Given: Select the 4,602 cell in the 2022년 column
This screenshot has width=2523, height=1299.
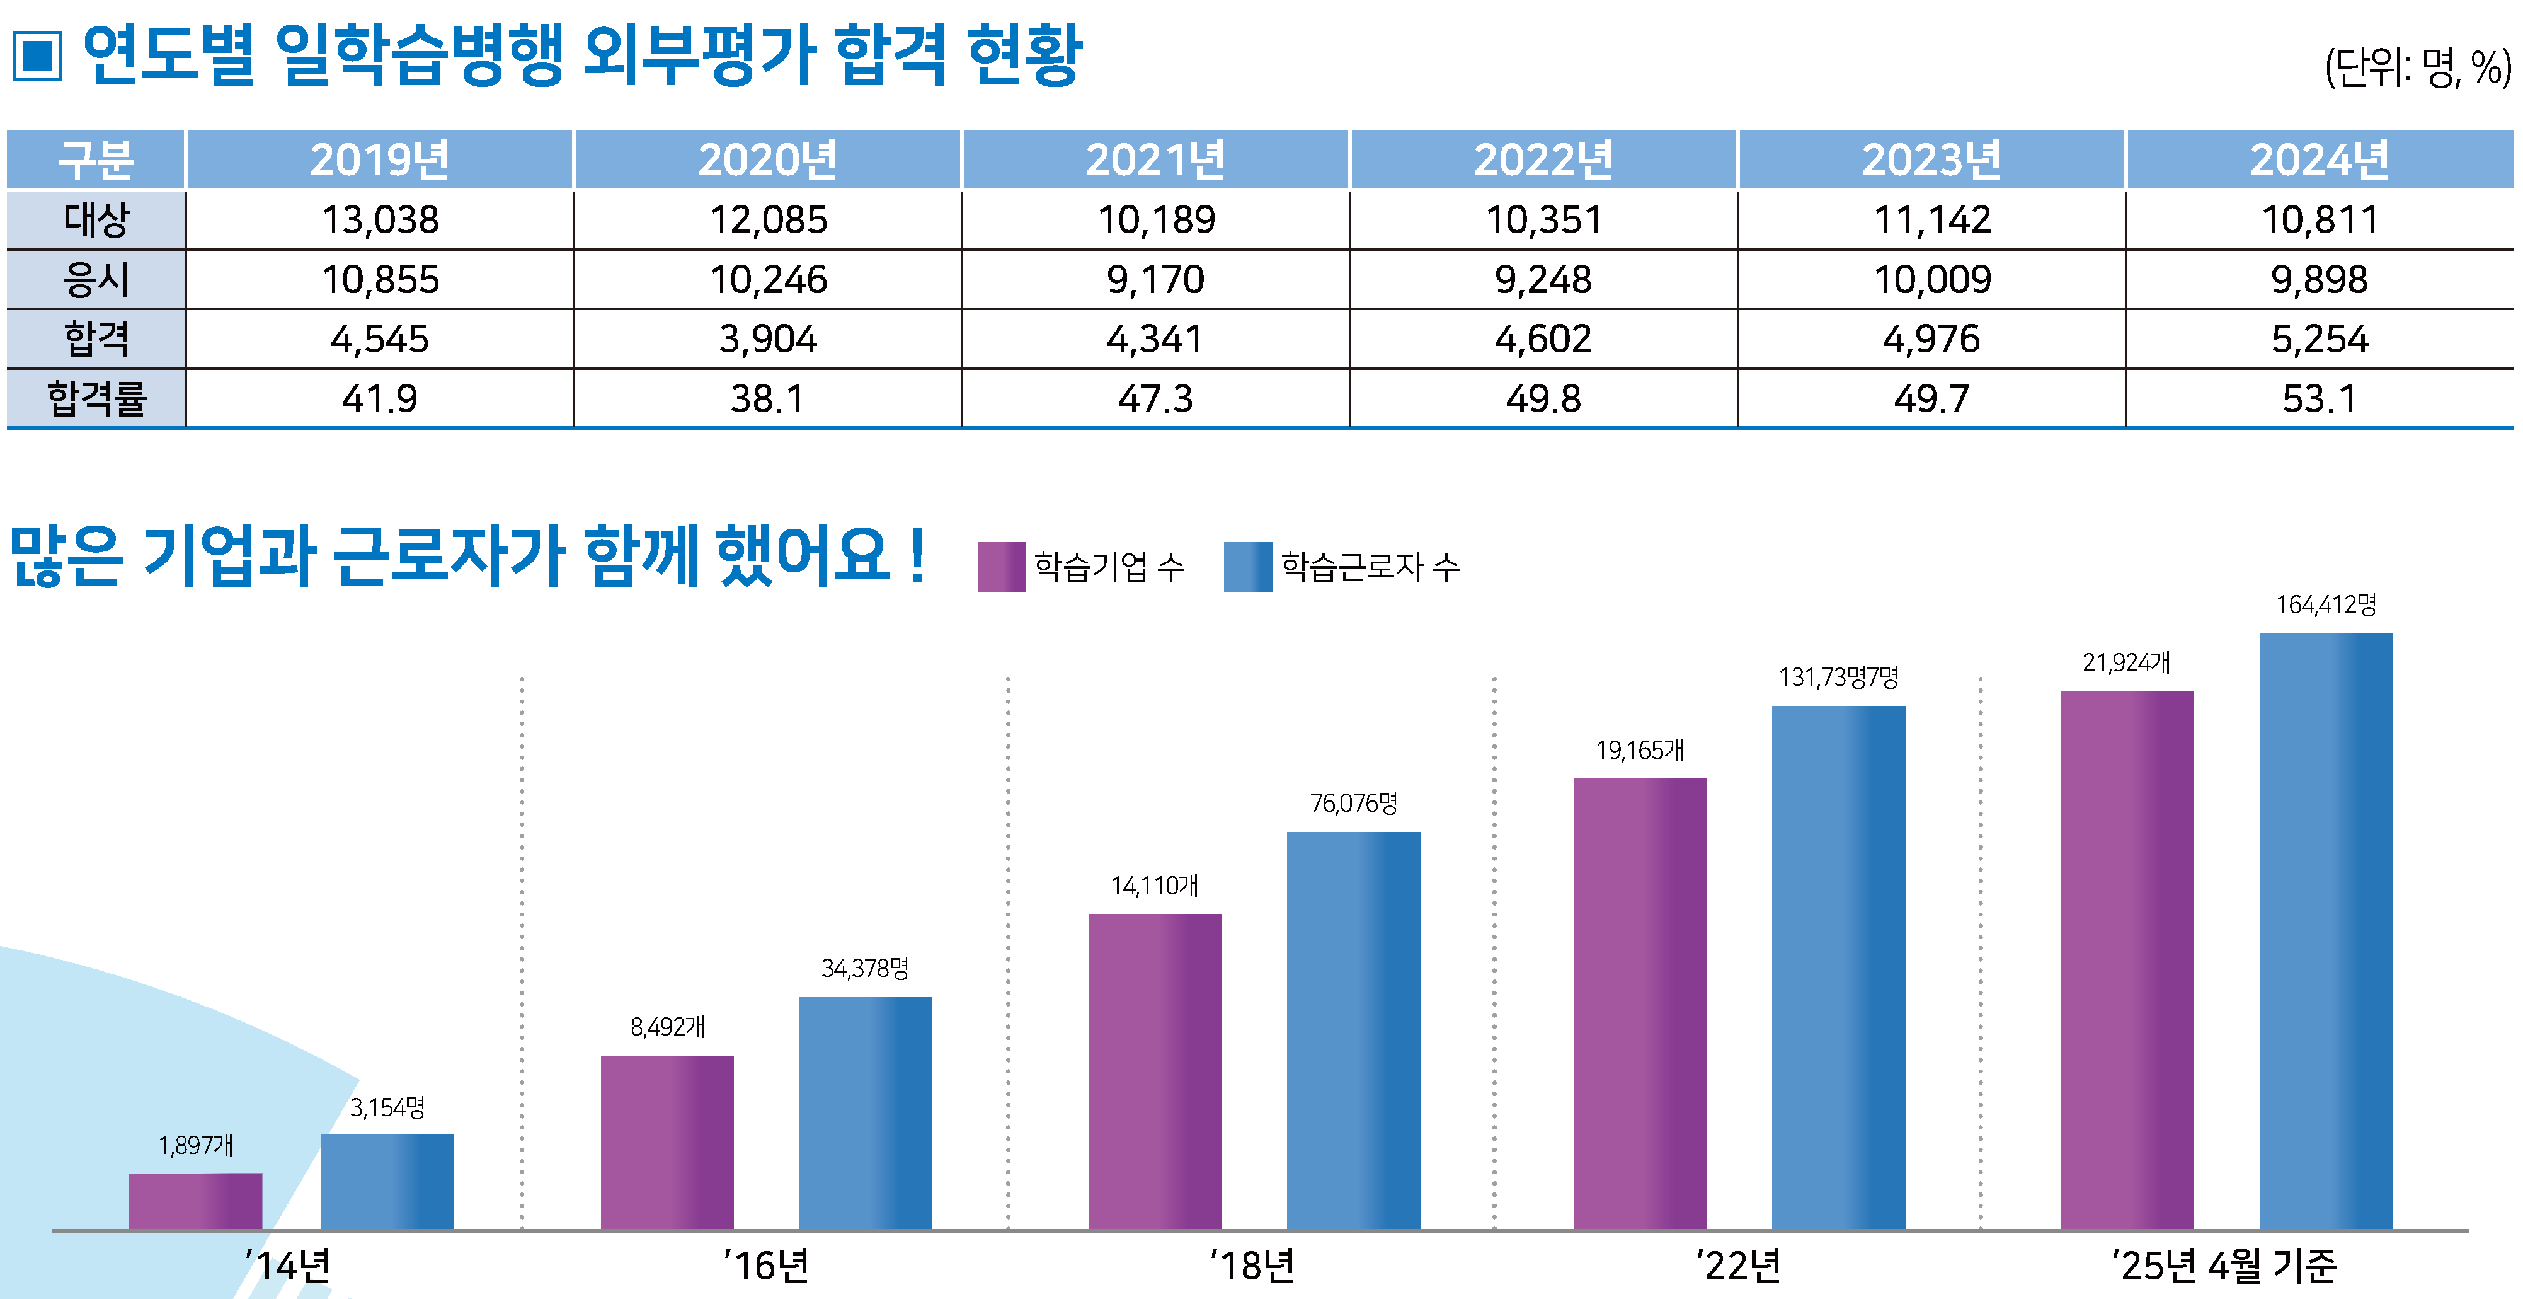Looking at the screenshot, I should (x=1543, y=339).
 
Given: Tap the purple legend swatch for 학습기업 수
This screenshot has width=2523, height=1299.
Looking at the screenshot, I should (x=1001, y=566).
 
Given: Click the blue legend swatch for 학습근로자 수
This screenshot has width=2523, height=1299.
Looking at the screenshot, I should (x=1248, y=566).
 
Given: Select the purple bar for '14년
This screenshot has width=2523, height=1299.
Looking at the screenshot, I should (x=196, y=1201).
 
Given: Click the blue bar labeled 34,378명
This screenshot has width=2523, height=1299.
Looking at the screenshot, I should (x=865, y=1113).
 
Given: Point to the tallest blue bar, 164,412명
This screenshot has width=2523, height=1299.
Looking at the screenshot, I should (x=2325, y=931).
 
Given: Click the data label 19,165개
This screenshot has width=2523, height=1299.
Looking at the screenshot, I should (x=1640, y=751).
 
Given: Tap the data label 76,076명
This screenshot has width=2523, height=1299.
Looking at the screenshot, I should (x=1354, y=804).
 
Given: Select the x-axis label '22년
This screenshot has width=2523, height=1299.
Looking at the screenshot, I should (x=1739, y=1266).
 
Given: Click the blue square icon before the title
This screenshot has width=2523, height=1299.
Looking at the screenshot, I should (x=37, y=56).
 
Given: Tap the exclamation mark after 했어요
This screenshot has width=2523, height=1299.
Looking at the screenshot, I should (x=917, y=557).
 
